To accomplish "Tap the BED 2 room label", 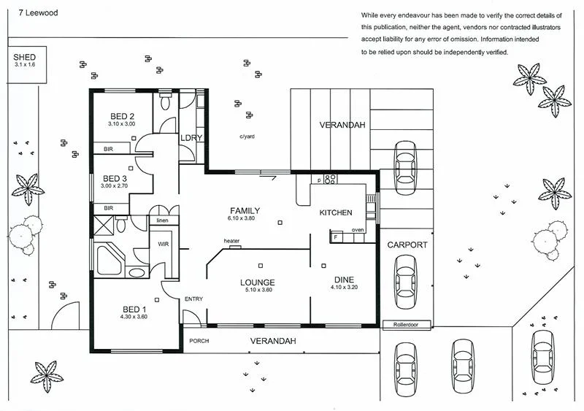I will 122,116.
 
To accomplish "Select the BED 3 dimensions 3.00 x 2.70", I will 115,186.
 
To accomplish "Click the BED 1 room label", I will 134,309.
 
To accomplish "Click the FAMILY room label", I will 244,211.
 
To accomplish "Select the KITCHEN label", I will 336,212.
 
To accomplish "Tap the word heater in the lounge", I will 232,241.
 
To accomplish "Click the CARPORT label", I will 407,245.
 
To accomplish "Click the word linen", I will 162,220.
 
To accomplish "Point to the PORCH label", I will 199,341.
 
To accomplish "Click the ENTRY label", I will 194,299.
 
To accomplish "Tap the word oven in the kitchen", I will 358,230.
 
